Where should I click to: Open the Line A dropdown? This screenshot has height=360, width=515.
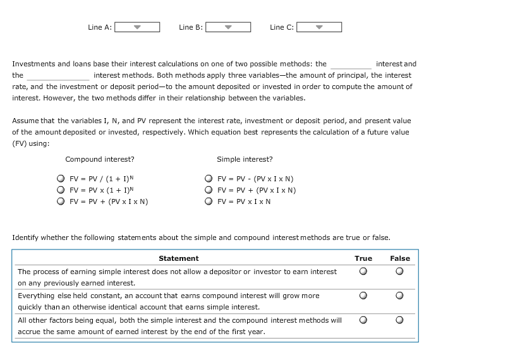click(x=136, y=27)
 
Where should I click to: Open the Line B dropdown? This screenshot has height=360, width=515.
click(x=228, y=27)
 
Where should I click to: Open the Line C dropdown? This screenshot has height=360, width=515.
click(x=319, y=27)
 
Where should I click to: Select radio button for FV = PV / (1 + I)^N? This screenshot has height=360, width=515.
click(x=60, y=179)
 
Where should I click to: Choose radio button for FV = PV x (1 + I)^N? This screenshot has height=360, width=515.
click(x=60, y=190)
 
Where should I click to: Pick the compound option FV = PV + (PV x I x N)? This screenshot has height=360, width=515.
click(x=60, y=202)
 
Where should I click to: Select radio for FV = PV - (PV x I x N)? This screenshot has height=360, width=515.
click(x=208, y=179)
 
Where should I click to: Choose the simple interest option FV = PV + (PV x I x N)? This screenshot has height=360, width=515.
click(x=208, y=190)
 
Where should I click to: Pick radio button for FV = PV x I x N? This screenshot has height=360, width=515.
click(x=208, y=202)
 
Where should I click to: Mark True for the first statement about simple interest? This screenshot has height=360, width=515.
click(x=363, y=272)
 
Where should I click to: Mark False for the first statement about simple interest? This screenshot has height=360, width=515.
click(x=399, y=272)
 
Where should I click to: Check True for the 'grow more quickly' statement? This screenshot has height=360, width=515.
click(x=363, y=296)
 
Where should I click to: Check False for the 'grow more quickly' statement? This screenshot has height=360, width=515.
click(x=399, y=296)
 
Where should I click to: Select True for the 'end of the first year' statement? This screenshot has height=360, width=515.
click(x=363, y=320)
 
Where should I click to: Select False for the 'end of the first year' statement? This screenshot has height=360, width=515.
click(x=399, y=320)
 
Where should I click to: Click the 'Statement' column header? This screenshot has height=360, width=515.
click(x=178, y=258)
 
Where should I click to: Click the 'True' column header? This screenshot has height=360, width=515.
click(x=363, y=258)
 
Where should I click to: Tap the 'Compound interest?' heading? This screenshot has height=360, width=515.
click(x=99, y=159)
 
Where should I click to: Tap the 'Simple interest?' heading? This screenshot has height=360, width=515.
click(x=245, y=159)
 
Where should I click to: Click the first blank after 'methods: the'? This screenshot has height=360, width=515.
click(x=351, y=64)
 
